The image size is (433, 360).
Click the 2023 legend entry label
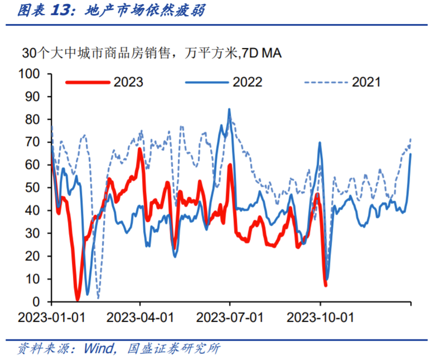(129, 82)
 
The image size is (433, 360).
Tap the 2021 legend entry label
(366, 82)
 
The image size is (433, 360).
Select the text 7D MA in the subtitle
(261, 53)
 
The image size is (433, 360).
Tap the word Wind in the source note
(99, 349)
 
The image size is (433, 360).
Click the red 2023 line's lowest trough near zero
(78, 299)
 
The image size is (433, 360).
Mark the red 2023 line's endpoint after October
(325, 285)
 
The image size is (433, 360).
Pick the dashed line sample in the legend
(325, 82)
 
